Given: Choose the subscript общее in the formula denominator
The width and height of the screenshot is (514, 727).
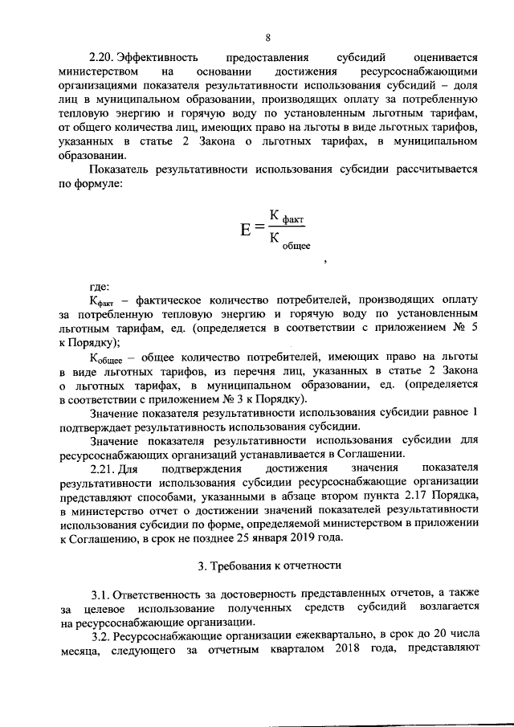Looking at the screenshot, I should click(296, 244).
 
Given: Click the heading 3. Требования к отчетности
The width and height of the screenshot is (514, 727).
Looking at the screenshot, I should click(267, 566).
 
